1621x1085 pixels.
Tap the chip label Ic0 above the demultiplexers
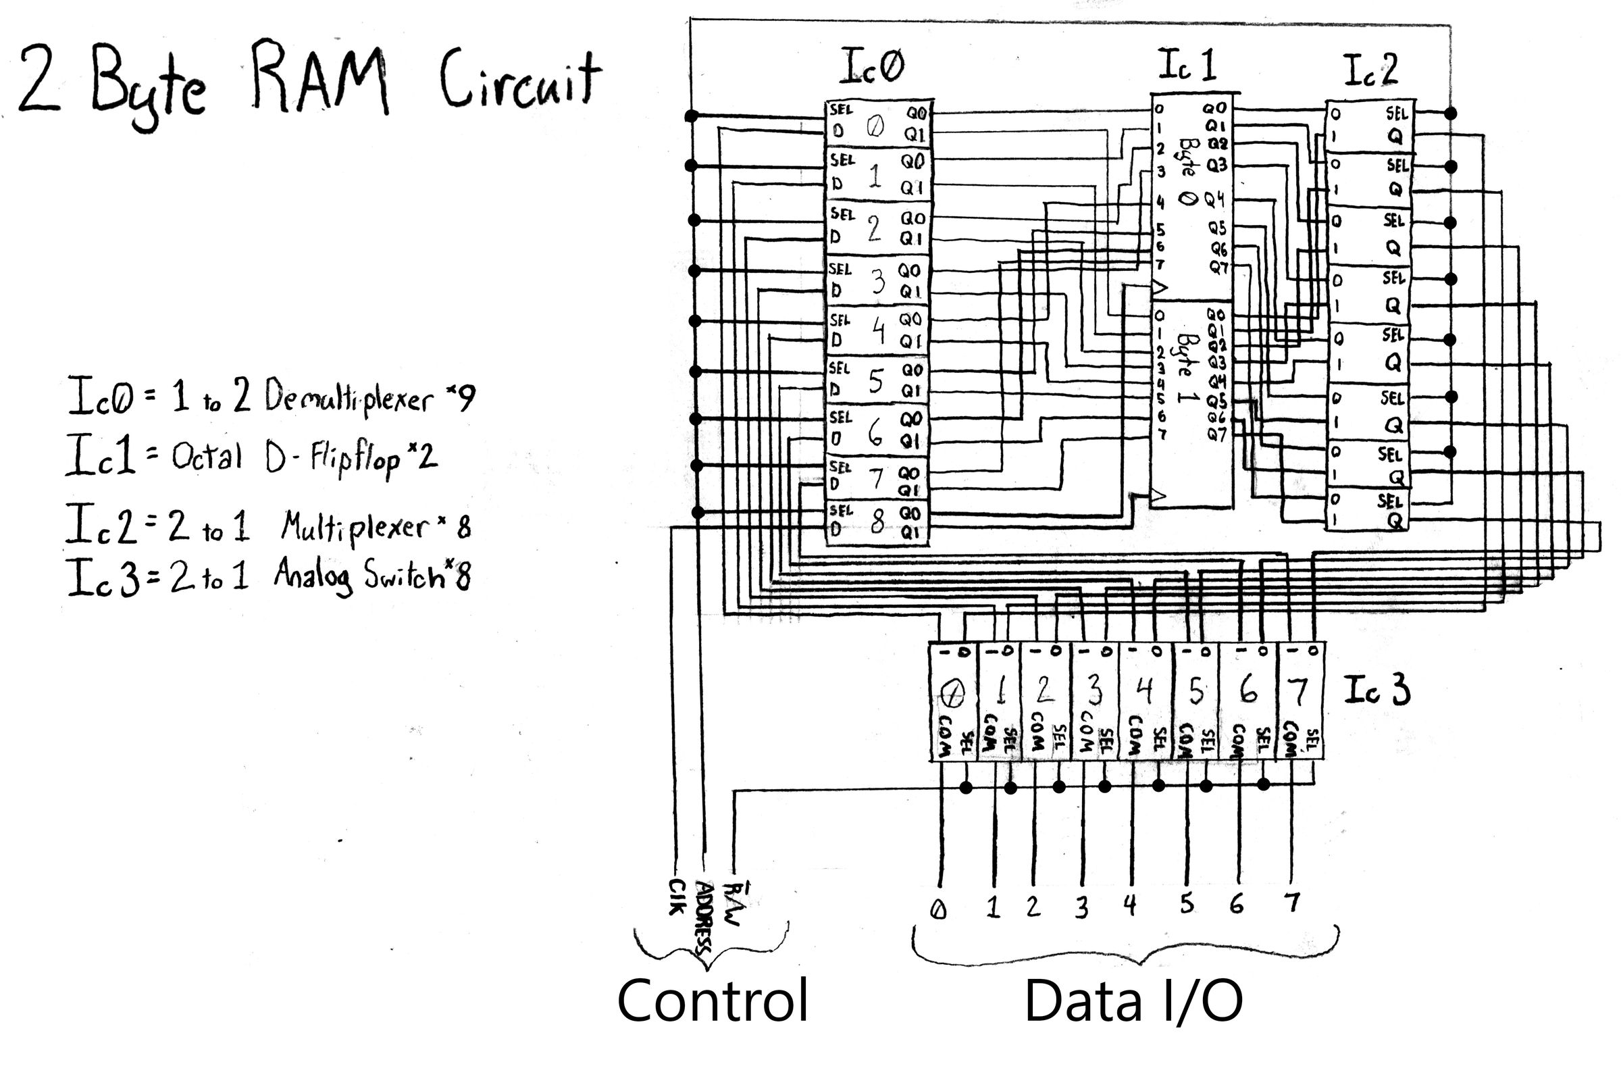[872, 67]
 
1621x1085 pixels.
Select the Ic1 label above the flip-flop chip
[1186, 66]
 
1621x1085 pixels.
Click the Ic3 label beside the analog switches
[1376, 690]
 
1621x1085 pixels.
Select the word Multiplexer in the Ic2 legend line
[355, 527]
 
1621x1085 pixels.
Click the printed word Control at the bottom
[712, 1001]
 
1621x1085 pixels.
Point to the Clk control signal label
[677, 898]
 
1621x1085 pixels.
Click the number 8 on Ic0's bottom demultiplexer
[877, 522]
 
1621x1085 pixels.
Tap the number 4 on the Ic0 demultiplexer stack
[877, 330]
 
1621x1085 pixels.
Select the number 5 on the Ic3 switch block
[1195, 690]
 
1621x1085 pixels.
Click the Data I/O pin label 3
[1081, 906]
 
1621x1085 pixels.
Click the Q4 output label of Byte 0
[1214, 200]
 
